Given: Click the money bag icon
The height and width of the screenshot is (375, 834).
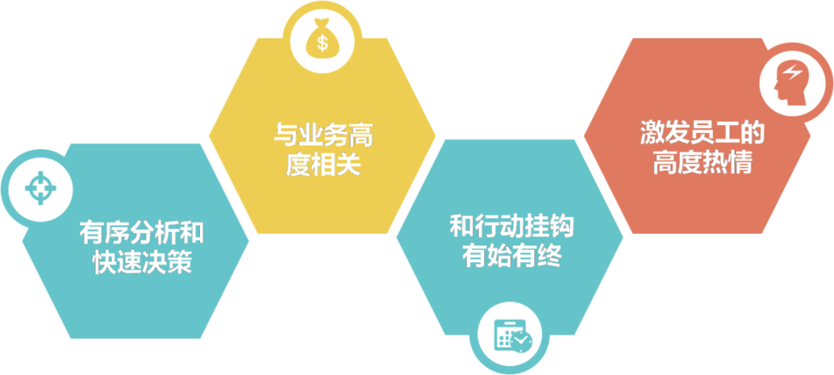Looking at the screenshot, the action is (321, 40).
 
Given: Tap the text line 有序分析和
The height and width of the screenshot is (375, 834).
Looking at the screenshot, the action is (141, 234).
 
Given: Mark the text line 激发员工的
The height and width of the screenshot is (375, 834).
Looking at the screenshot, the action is (701, 135).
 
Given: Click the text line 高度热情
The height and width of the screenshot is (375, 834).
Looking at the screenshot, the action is (701, 163).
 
